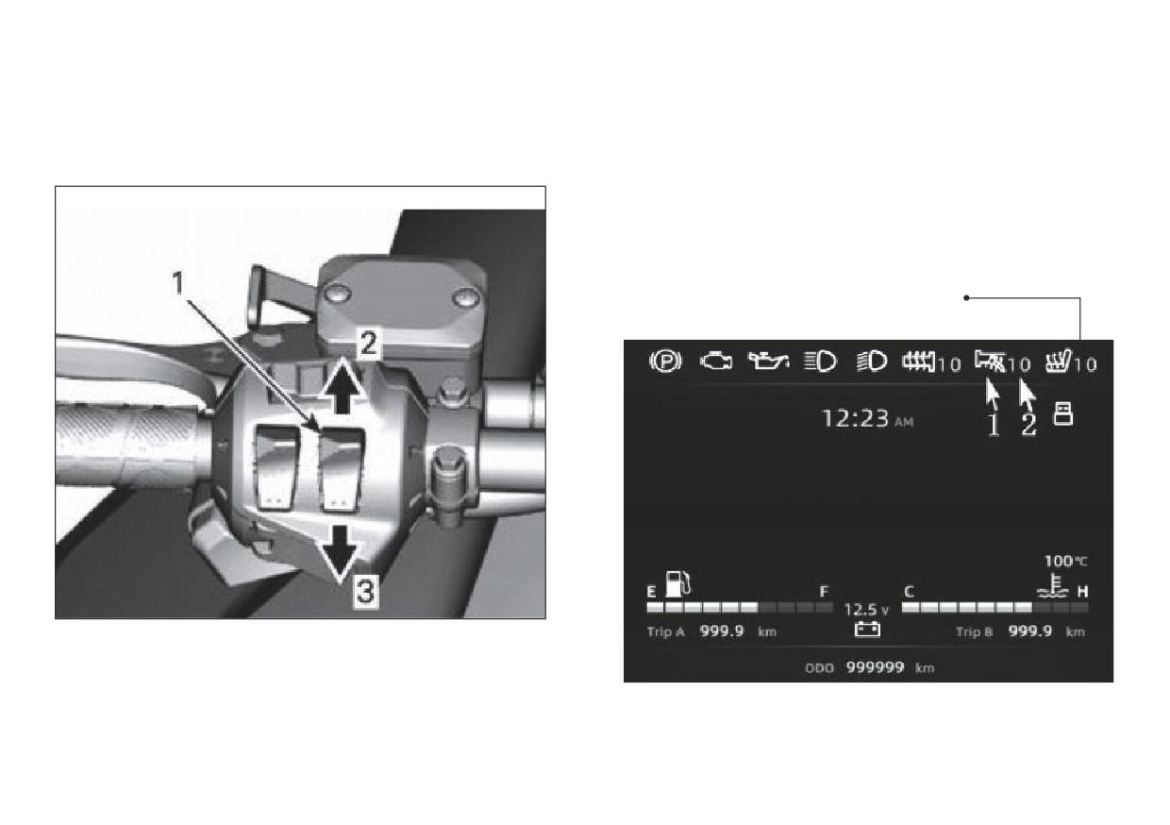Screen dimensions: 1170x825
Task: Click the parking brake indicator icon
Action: pos(665,362)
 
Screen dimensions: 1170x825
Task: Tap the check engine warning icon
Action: pos(716,362)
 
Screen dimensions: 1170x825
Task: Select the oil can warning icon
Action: pos(768,361)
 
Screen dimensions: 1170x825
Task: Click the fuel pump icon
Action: pos(678,584)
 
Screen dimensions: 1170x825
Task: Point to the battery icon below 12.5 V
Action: pos(867,630)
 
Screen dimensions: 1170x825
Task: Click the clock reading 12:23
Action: pos(856,418)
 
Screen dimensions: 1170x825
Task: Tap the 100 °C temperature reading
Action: pos(1065,562)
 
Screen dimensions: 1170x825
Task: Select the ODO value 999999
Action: pos(875,667)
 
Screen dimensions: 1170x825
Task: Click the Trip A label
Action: pos(665,632)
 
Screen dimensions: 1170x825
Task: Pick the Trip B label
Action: pos(974,632)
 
